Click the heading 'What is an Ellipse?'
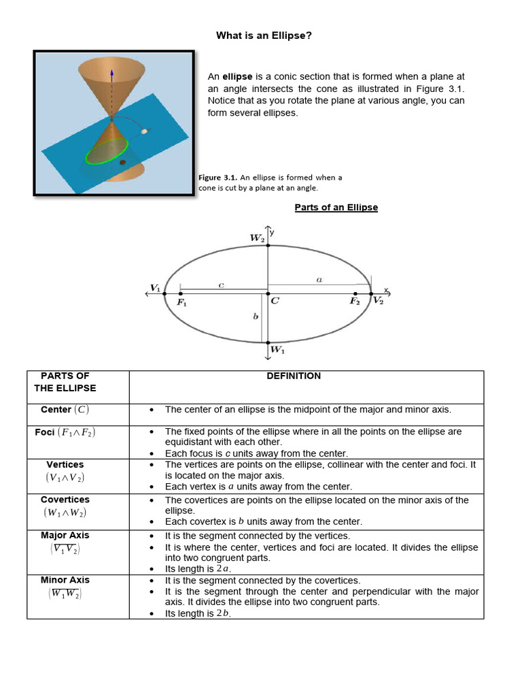pyautogui.click(x=264, y=35)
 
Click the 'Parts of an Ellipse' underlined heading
pyautogui.click(x=336, y=208)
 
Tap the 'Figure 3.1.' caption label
pyautogui.click(x=217, y=178)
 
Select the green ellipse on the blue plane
pyautogui.click(x=107, y=151)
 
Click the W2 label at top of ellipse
pyautogui.click(x=257, y=238)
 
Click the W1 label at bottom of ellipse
pyautogui.click(x=277, y=350)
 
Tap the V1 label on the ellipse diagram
pyautogui.click(x=155, y=288)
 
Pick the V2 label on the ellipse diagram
pyautogui.click(x=378, y=301)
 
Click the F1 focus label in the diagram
pyautogui.click(x=181, y=303)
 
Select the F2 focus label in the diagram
pyautogui.click(x=355, y=301)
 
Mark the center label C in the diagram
pyautogui.click(x=275, y=301)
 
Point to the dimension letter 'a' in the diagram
pyautogui.click(x=319, y=278)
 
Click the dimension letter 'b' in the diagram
pyautogui.click(x=256, y=317)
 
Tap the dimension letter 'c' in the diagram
pyautogui.click(x=221, y=285)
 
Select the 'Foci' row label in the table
pyautogui.click(x=45, y=432)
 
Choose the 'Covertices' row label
pyautogui.click(x=65, y=500)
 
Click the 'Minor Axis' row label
pyautogui.click(x=65, y=580)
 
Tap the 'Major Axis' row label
pyautogui.click(x=65, y=535)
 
